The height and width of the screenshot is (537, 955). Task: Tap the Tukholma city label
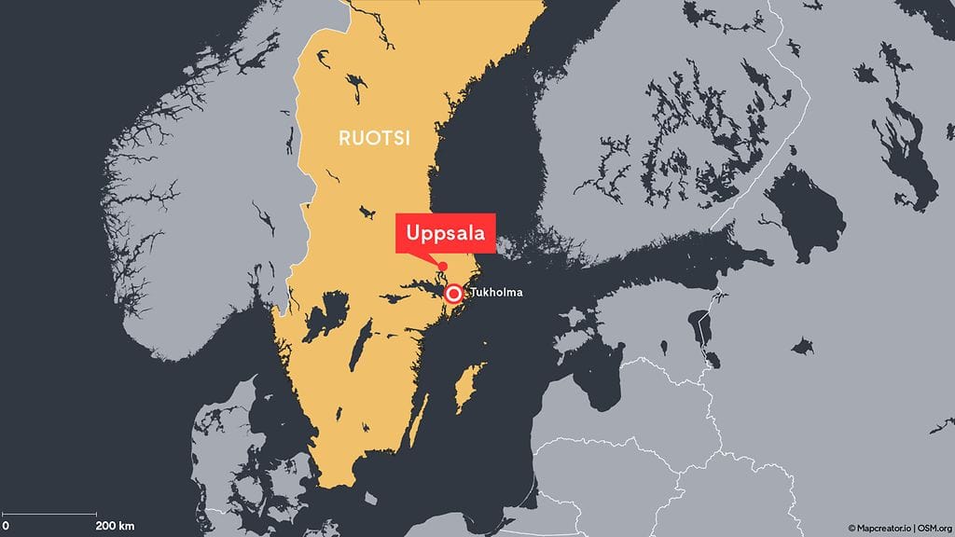click(496, 293)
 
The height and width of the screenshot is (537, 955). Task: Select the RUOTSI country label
click(374, 138)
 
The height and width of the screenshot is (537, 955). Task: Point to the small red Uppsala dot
click(442, 267)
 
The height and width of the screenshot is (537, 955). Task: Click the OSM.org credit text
click(932, 528)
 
